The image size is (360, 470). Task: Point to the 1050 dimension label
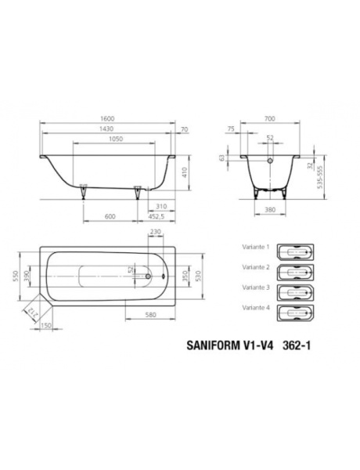pos(115,141)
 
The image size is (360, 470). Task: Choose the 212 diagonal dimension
pos(32,314)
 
